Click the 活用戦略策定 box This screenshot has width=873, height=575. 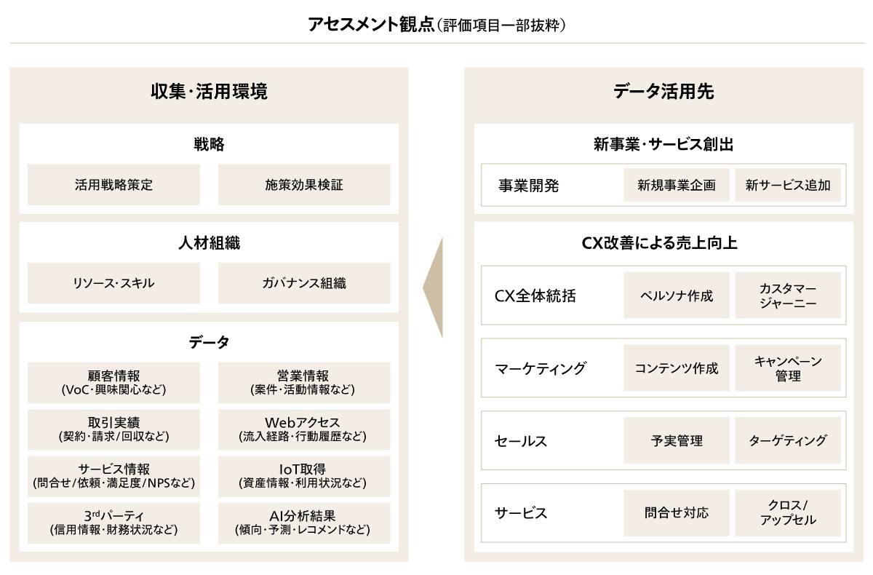113,185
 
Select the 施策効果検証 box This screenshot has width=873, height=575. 304,185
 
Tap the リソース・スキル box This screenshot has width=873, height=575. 113,283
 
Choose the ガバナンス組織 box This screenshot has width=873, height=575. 304,283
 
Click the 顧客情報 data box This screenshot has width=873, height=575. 113,382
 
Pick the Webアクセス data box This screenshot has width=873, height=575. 304,429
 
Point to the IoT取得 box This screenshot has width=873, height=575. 304,476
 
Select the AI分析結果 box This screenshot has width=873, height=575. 304,523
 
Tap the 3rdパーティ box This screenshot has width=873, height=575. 113,523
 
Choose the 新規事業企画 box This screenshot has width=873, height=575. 677,185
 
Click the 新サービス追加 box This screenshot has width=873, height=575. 788,185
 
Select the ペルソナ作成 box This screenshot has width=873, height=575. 677,296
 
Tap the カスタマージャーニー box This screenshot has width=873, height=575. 788,296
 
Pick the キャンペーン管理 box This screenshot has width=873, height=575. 788,368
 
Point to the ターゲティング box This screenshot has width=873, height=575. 788,440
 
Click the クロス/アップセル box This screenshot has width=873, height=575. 788,513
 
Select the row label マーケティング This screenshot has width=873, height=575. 540,368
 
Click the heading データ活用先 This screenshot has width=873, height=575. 663,92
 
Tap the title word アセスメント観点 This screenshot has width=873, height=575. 371,25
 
